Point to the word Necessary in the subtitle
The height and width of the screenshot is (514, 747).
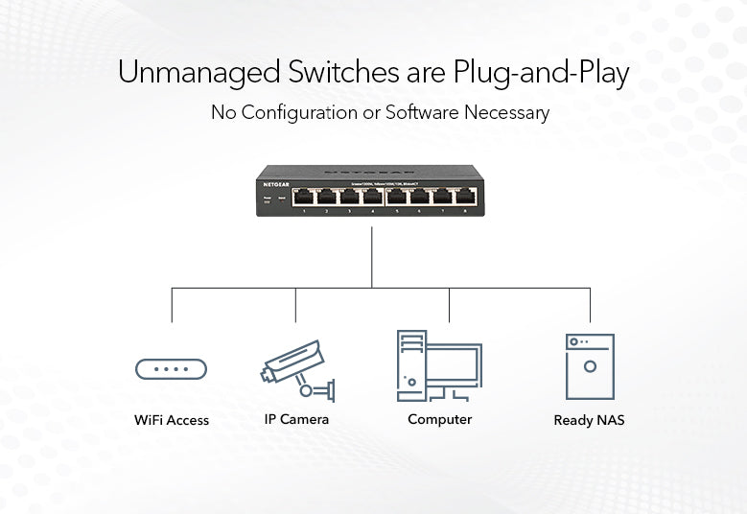(x=506, y=112)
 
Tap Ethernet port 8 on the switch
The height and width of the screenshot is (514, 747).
(x=465, y=197)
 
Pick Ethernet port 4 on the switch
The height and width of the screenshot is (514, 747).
(x=373, y=197)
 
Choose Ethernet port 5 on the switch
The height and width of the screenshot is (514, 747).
(x=397, y=197)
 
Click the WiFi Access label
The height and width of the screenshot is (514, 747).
(x=172, y=420)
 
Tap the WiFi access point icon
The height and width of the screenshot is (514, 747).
(x=171, y=368)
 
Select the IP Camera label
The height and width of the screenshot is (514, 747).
(x=296, y=419)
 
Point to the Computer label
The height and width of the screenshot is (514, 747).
(x=439, y=419)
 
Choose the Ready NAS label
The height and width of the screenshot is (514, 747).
(x=589, y=420)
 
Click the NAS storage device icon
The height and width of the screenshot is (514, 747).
(x=589, y=365)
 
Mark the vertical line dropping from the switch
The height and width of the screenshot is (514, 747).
(x=372, y=254)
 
